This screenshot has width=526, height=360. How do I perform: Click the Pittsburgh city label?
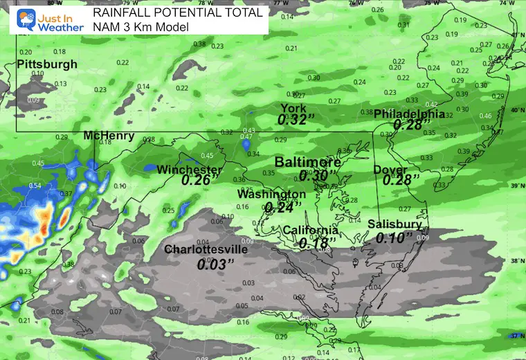coord(47,64)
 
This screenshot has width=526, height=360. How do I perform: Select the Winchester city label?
coord(190,170)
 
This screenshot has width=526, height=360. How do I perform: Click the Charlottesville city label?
coord(206,249)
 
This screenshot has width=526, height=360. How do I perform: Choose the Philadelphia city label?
coord(410,114)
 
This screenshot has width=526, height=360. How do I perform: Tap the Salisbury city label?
coord(394,224)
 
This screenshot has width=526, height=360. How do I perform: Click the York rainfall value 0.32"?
coord(296,120)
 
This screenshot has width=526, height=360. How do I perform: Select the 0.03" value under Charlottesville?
coord(215,264)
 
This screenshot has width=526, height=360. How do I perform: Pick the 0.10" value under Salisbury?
coord(393,237)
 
